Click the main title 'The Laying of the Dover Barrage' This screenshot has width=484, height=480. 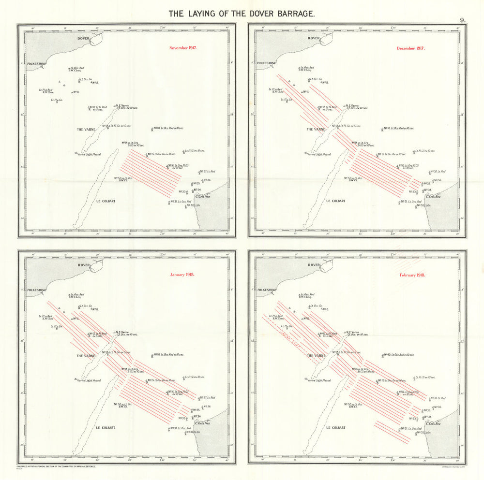point(242,14)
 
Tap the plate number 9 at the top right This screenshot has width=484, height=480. point(463,20)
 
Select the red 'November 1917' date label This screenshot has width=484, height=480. point(183,48)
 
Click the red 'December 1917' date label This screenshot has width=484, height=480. point(411,48)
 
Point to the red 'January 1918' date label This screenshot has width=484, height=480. point(182,275)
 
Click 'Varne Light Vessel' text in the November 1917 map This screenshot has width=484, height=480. point(91,154)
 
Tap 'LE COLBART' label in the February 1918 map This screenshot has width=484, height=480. point(335,427)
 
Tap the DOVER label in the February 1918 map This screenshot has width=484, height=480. point(314,265)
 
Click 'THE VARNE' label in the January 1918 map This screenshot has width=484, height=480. point(86,356)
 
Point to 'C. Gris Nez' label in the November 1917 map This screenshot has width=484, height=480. point(203,196)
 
